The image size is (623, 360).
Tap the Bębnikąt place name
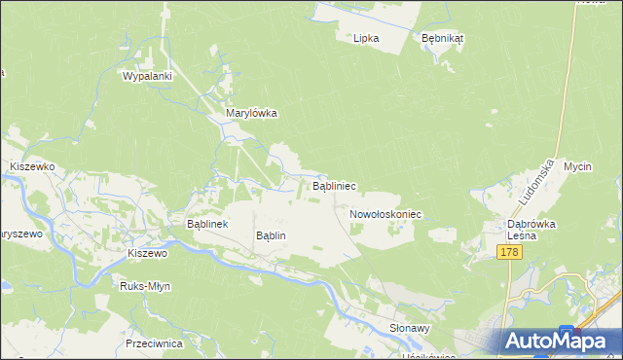443,38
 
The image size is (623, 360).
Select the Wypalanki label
147,75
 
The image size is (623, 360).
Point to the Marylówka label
251,113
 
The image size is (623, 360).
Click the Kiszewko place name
31,166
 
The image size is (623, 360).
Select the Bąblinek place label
206,223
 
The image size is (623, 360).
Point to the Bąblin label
271,235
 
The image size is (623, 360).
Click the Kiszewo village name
148,253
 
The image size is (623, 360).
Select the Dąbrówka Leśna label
531,229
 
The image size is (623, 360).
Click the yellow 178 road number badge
508,253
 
